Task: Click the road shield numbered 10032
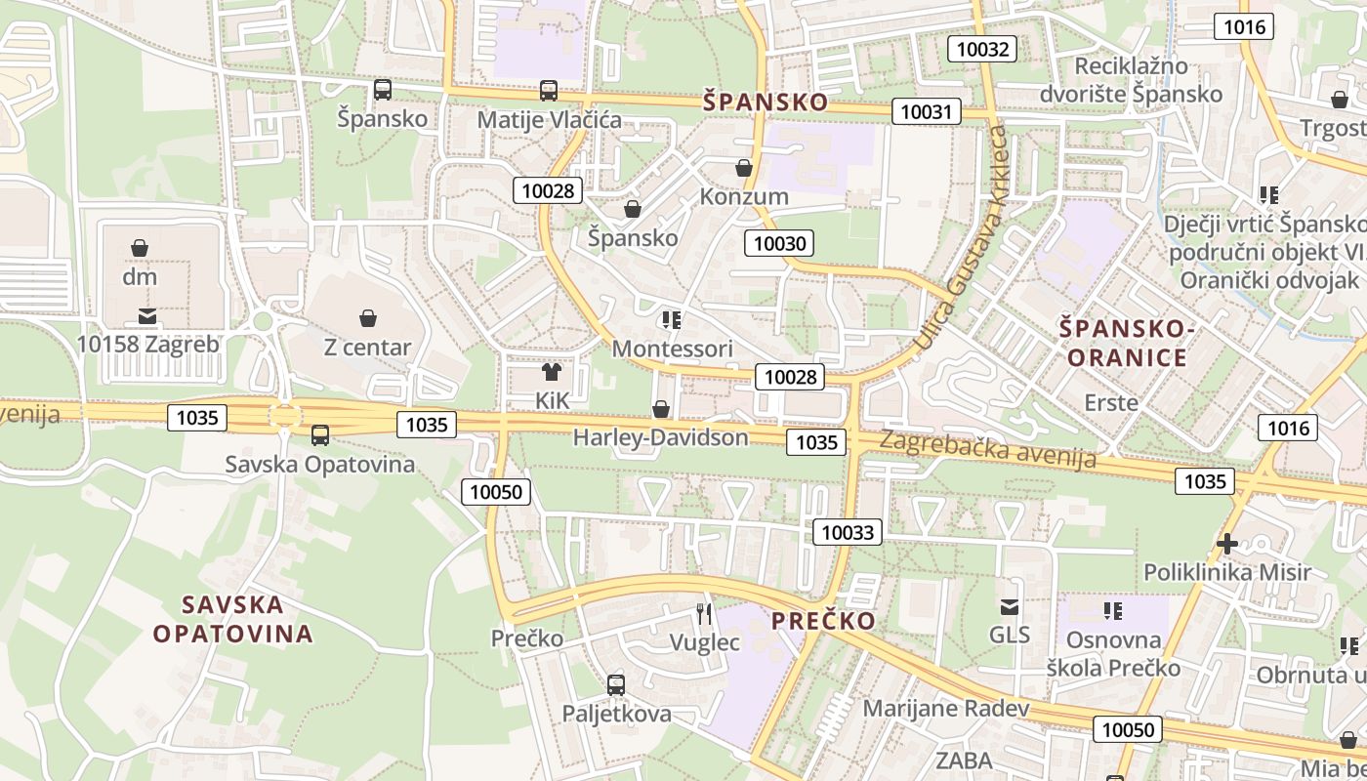coord(983,49)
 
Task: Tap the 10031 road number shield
coord(926,111)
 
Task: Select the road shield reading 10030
coord(780,243)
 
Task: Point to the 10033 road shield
coord(848,532)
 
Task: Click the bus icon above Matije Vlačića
coord(549,91)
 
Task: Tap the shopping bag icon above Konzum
coord(744,168)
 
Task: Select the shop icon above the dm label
coord(140,248)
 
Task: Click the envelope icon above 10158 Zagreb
coord(147,315)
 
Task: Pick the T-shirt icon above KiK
coord(552,371)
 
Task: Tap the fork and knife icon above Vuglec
coord(704,614)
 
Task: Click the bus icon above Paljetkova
coord(616,684)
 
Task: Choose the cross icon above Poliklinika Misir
coord(1227,543)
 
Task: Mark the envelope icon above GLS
coord(1010,606)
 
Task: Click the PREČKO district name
coord(823,621)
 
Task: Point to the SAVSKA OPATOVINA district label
coord(233,619)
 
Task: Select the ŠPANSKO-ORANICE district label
coord(1127,343)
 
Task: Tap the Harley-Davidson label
coord(660,437)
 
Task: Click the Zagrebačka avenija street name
coord(987,449)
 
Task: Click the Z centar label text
coord(367,347)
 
